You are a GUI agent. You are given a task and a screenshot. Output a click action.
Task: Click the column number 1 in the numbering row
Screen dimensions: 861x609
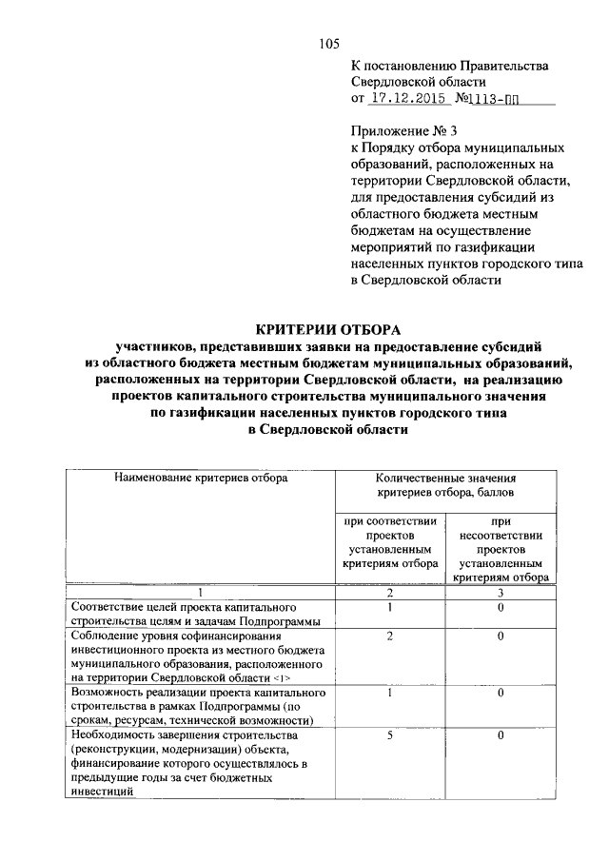200,593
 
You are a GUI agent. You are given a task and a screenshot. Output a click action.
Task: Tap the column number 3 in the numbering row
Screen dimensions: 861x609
501,593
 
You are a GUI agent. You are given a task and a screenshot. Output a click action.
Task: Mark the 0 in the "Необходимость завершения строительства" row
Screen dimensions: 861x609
501,735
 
